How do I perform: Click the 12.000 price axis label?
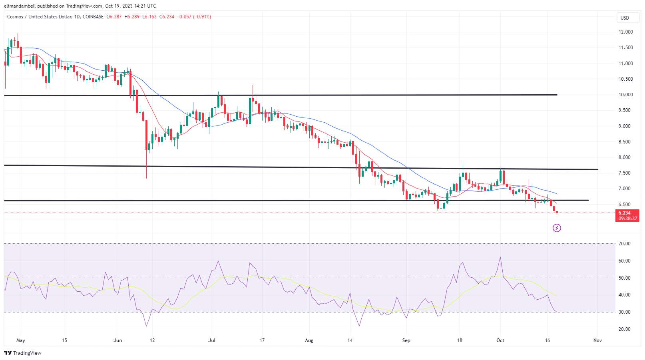tap(625, 32)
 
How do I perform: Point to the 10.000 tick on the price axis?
tap(625, 95)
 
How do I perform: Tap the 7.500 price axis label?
tap(625, 173)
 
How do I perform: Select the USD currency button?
tap(625, 18)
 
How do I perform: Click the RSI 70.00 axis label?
tap(624, 244)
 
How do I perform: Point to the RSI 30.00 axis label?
tap(624, 312)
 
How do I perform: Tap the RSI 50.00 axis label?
tap(624, 278)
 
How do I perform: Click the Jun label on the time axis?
tap(118, 340)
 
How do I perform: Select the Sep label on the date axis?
tap(406, 340)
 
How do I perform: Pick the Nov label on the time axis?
tap(597, 340)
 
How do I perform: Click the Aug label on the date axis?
tap(309, 340)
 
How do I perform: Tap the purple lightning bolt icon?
tap(557, 228)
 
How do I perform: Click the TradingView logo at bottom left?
tap(23, 353)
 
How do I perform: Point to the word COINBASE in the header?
tap(93, 17)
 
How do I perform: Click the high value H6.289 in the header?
tap(132, 17)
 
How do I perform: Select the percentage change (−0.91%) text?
tap(202, 17)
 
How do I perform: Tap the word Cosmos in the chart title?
tap(15, 17)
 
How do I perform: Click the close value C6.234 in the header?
tap(167, 17)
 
